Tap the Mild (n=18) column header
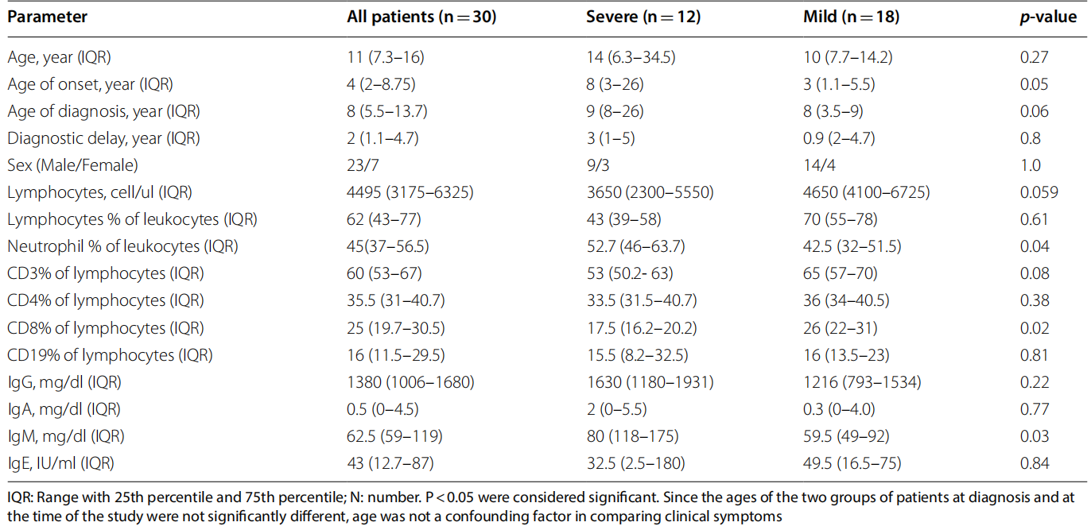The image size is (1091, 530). (851, 17)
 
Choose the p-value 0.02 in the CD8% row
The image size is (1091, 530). (1034, 328)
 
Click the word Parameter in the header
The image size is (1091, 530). (48, 17)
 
